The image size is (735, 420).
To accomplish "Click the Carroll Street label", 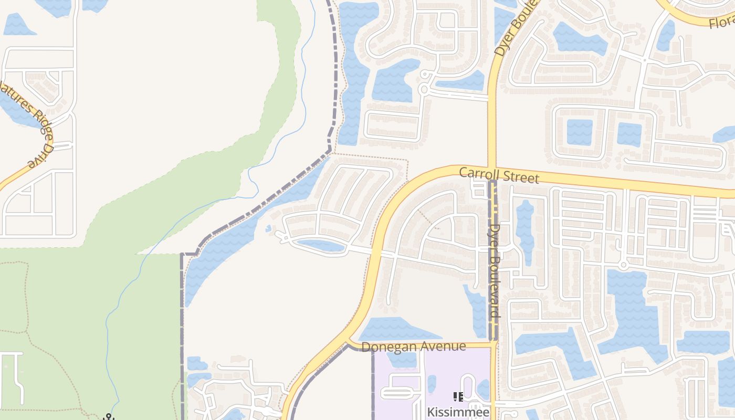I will point(499,175).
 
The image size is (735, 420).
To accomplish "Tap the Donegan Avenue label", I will point(414,346).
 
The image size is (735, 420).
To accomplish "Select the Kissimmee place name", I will point(458,412).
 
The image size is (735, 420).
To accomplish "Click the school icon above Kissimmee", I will point(458,397).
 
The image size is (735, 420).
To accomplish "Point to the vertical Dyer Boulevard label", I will point(495,270).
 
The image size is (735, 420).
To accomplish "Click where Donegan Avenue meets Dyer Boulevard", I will point(493,344).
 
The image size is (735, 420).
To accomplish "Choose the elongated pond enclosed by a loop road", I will point(321,245).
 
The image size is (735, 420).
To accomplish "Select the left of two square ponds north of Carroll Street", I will point(580,132).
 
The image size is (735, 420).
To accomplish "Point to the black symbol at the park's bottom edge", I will point(109,417).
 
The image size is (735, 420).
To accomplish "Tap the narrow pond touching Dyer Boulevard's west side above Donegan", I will point(479,310).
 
